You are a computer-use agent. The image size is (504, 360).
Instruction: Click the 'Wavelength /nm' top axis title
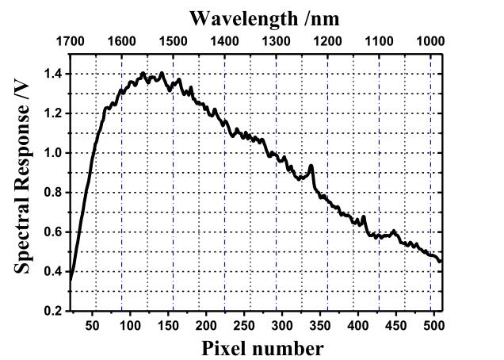[x=254, y=18]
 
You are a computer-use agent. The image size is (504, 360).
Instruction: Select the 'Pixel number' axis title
[x=262, y=348]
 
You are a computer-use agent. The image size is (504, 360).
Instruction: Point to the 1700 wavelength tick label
[x=71, y=41]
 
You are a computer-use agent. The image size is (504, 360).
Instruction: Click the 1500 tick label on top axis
[x=173, y=41]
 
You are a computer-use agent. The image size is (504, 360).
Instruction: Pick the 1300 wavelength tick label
[x=276, y=41]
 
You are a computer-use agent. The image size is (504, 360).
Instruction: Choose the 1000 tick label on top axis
[x=430, y=41]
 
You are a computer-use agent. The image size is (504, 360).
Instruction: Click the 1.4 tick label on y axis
[x=53, y=75]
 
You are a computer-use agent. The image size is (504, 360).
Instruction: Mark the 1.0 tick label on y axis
[x=53, y=153]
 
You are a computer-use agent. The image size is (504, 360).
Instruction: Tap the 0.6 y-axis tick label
[x=53, y=232]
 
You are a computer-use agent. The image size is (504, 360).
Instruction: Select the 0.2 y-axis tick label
[x=53, y=311]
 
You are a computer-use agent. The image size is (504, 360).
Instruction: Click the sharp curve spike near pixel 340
[x=311, y=166]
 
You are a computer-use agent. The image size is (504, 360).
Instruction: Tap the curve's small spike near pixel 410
[x=364, y=216]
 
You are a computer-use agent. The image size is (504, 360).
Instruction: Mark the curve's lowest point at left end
[x=71, y=280]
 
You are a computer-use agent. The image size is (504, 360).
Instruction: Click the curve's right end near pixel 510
[x=441, y=261]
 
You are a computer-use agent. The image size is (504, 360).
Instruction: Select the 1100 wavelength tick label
[x=379, y=41]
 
